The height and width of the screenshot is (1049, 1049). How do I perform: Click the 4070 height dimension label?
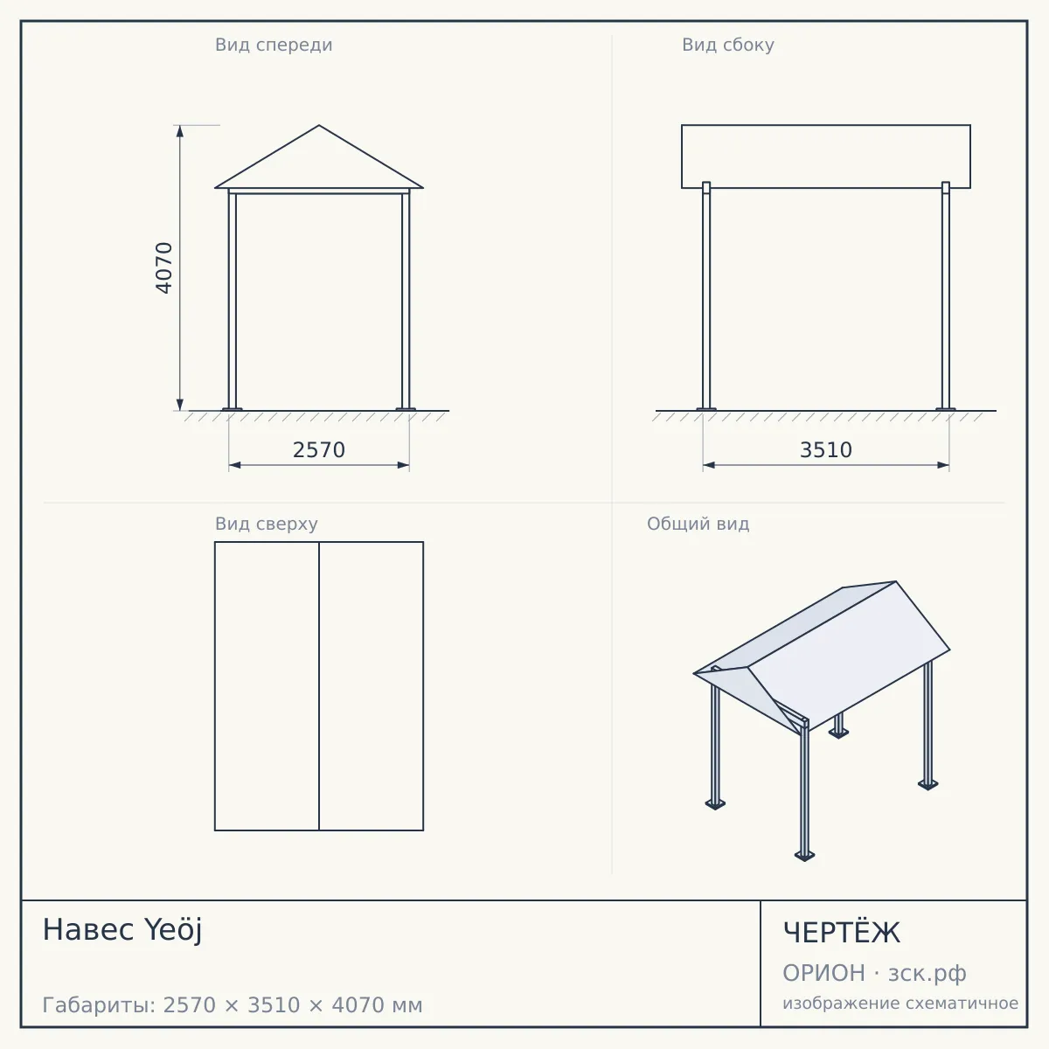click(163, 267)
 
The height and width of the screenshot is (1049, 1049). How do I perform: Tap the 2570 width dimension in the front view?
click(319, 450)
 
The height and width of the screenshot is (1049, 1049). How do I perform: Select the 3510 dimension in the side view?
click(826, 450)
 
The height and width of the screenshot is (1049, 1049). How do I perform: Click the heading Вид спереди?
click(274, 45)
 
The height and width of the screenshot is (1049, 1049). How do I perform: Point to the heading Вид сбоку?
click(728, 45)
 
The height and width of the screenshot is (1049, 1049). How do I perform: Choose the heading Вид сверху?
click(267, 524)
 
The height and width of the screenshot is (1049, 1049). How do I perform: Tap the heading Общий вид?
click(698, 524)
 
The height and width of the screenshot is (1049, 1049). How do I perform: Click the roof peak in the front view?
click(319, 126)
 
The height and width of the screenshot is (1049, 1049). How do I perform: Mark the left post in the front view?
click(233, 300)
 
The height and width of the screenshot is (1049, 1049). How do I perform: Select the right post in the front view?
click(406, 300)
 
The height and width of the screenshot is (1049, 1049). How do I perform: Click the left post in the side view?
click(706, 295)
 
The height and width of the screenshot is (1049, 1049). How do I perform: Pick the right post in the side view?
click(946, 295)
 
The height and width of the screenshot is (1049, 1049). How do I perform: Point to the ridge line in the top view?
click(319, 686)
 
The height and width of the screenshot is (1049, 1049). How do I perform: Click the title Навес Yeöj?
click(122, 930)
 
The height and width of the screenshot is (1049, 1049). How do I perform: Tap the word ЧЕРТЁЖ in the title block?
click(842, 933)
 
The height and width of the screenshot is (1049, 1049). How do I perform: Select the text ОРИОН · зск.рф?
click(874, 973)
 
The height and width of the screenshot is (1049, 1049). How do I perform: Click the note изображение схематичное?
click(900, 1003)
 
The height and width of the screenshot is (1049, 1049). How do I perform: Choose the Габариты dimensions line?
click(233, 1005)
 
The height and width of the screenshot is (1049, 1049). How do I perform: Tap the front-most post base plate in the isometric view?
click(804, 856)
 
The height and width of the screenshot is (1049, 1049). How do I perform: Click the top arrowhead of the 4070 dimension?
click(180, 131)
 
